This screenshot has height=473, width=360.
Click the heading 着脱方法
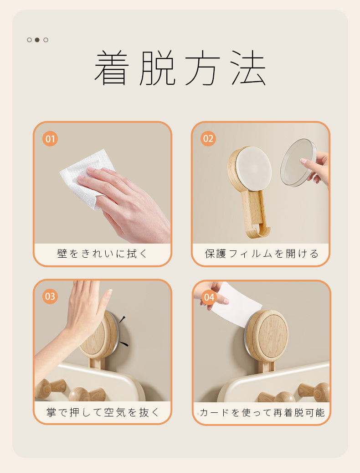click(180, 68)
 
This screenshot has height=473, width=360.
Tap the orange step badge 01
click(50, 138)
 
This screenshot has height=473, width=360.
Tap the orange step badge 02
click(208, 138)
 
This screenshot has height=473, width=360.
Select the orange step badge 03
click(50, 296)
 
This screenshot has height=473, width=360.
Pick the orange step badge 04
click(208, 298)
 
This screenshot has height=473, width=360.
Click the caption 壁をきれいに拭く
click(103, 254)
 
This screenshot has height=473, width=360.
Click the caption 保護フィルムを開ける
click(261, 254)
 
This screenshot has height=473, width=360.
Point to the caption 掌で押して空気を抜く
click(103, 412)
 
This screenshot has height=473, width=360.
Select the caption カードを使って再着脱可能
click(262, 413)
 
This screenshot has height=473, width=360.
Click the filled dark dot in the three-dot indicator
click(37, 40)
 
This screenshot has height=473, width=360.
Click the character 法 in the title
click(248, 68)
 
